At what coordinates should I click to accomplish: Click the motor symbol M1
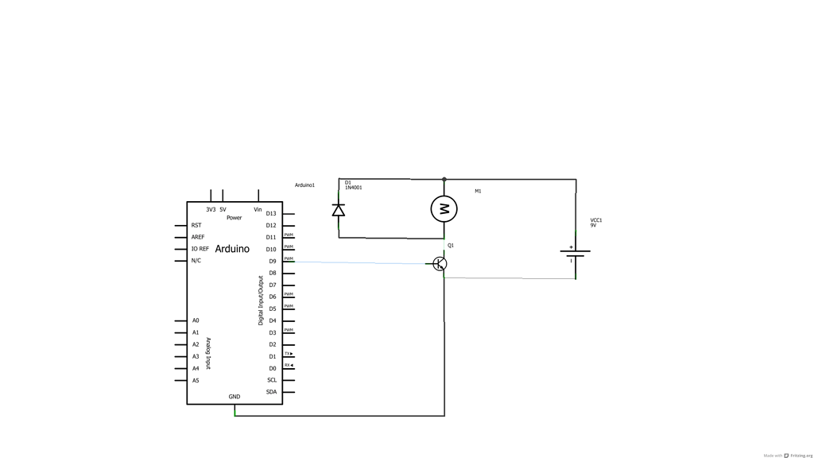pos(444,209)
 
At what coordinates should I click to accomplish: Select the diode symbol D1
pos(339,210)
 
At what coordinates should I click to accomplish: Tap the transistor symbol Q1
pos(440,263)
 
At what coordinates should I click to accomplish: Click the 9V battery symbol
pos(575,254)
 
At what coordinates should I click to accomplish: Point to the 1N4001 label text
pos(354,188)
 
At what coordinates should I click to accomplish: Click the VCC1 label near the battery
pos(596,220)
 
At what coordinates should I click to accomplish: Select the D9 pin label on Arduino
pos(272,261)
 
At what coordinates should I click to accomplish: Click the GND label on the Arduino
pos(235,396)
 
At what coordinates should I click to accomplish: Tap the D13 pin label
pos(271,213)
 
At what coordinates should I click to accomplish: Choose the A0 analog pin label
pos(196,320)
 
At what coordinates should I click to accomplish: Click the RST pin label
pos(196,225)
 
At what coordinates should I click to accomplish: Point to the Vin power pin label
pos(258,210)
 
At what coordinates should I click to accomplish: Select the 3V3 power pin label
pos(211,210)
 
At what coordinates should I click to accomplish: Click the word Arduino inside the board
pos(232,249)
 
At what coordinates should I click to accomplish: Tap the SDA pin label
pos(272,391)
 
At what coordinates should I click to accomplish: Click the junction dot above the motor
pos(444,180)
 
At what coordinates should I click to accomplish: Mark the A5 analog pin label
pos(196,380)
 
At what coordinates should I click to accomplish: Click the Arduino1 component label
pos(304,185)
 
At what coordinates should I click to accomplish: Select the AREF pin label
pos(198,237)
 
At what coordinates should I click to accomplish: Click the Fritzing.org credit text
pos(800,456)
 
